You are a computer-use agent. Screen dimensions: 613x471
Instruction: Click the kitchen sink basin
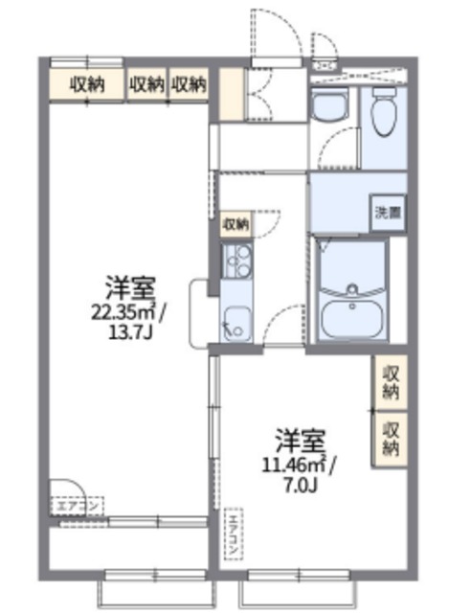click(235, 320)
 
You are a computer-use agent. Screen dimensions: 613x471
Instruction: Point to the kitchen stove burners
click(235, 258)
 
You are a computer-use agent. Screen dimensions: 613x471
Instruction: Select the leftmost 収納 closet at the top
click(87, 84)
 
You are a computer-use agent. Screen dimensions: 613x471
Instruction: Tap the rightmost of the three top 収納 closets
click(190, 84)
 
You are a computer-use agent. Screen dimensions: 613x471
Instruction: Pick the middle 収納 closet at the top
click(146, 84)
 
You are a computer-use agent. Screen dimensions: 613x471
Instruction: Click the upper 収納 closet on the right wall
click(391, 381)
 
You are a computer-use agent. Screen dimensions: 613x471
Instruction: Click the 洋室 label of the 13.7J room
click(131, 285)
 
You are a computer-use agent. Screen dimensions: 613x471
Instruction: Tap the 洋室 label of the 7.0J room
click(300, 442)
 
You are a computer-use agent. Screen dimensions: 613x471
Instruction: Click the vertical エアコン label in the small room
click(232, 534)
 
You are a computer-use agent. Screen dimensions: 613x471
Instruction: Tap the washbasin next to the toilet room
click(332, 108)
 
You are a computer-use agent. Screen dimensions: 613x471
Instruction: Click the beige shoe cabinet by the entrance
click(230, 93)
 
